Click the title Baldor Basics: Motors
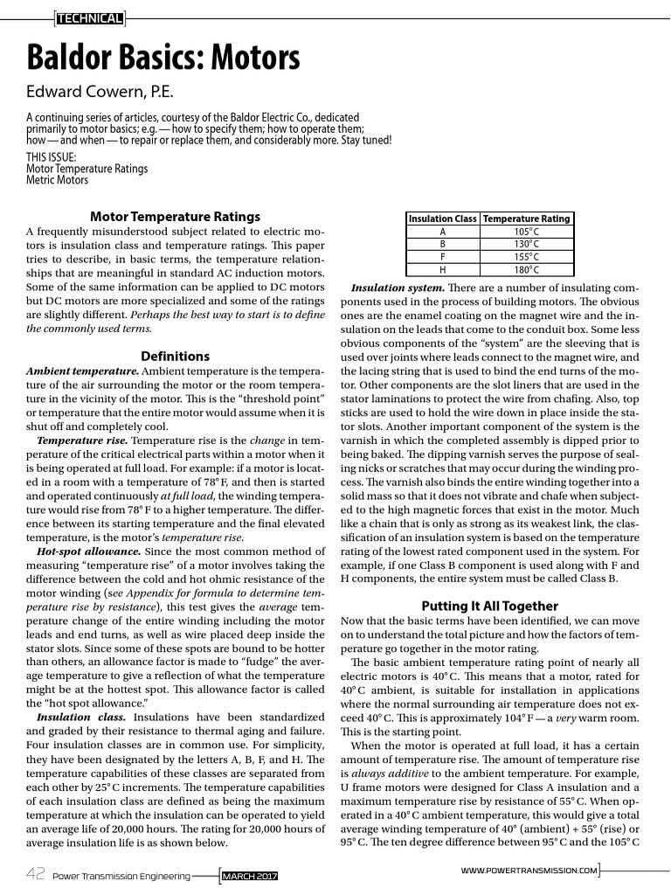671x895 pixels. point(163,59)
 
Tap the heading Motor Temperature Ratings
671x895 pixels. point(176,217)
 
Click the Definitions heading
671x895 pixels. point(176,356)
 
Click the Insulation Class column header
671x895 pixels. point(443,219)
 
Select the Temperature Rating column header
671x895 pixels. point(526,219)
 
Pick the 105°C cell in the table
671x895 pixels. point(526,232)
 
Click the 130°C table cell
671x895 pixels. point(526,244)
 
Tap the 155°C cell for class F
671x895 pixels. point(526,257)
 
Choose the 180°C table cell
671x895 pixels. point(526,269)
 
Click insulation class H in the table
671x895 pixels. point(443,269)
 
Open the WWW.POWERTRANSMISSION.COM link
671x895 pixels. point(529,871)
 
